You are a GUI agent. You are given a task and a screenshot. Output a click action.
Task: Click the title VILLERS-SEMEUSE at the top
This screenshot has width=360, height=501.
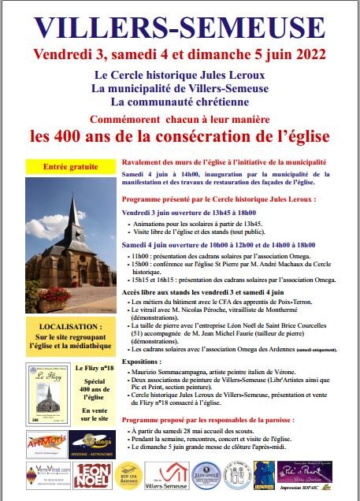point(180,27)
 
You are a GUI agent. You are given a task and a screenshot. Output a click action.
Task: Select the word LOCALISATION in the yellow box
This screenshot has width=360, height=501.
point(69,325)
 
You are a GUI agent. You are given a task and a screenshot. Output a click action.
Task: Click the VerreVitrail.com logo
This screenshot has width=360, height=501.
point(41,476)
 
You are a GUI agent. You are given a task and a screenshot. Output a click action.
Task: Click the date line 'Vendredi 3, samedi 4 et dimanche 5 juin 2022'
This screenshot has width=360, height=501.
point(180,55)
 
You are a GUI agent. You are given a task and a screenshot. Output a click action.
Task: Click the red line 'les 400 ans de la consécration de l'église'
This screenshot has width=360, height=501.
point(180,135)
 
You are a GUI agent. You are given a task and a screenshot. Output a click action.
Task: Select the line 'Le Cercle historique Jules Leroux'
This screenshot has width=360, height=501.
point(180,75)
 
